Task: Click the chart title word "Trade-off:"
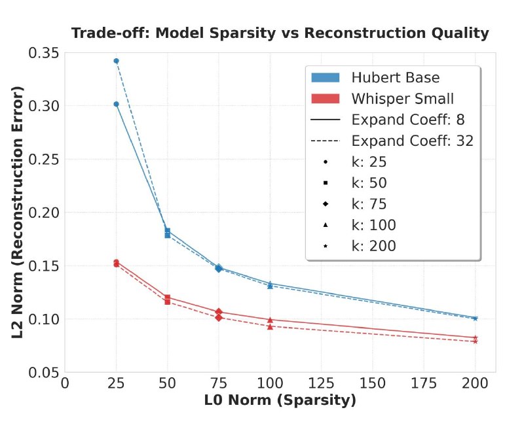pyautogui.click(x=111, y=33)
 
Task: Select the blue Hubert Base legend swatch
pyautogui.click(x=325, y=77)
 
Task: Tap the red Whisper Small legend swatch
pyautogui.click(x=325, y=99)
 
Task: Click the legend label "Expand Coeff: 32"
pyautogui.click(x=413, y=141)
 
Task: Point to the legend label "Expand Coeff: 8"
pyautogui.click(x=408, y=120)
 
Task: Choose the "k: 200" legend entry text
pyautogui.click(x=373, y=246)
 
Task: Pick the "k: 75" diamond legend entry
pyautogui.click(x=369, y=204)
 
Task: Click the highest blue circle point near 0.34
pyautogui.click(x=117, y=61)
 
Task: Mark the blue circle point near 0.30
pyautogui.click(x=117, y=104)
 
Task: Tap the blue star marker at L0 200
pyautogui.click(x=476, y=319)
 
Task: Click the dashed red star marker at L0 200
pyautogui.click(x=476, y=341)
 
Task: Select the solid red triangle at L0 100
pyautogui.click(x=270, y=320)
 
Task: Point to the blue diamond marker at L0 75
pyautogui.click(x=219, y=268)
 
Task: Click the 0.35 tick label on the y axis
pyautogui.click(x=43, y=53)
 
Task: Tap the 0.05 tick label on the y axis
pyautogui.click(x=43, y=372)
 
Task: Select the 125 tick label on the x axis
pyautogui.click(x=321, y=384)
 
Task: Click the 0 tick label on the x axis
pyautogui.click(x=65, y=384)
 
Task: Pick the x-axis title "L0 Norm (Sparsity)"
pyautogui.click(x=280, y=400)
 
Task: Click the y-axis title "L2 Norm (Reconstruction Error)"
pyautogui.click(x=18, y=212)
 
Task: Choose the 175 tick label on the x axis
pyautogui.click(x=424, y=384)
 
